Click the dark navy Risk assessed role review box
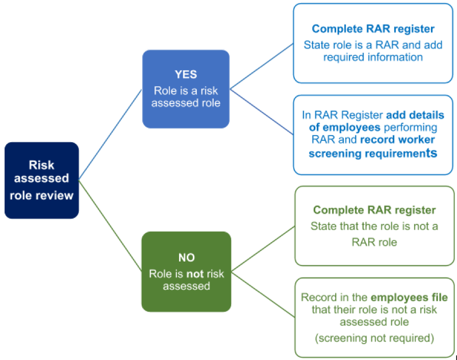click(x=42, y=181)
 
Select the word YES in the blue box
click(x=186, y=74)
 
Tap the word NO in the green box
click(x=187, y=258)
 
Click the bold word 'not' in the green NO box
click(x=195, y=274)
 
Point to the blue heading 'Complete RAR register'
click(x=373, y=29)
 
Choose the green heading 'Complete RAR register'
click(x=374, y=210)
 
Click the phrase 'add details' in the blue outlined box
click(x=415, y=115)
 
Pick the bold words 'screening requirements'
click(x=373, y=153)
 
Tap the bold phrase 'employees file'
click(x=409, y=297)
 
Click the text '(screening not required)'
click(x=374, y=338)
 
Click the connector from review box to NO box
click(x=110, y=226)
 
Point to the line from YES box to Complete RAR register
click(x=262, y=66)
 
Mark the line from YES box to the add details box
click(x=262, y=112)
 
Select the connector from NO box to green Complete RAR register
click(x=263, y=248)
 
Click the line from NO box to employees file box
click(x=263, y=294)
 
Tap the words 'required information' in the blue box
click(x=373, y=57)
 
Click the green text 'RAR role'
click(x=374, y=242)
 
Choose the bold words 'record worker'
click(x=397, y=140)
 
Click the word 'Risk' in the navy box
click(x=41, y=165)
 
